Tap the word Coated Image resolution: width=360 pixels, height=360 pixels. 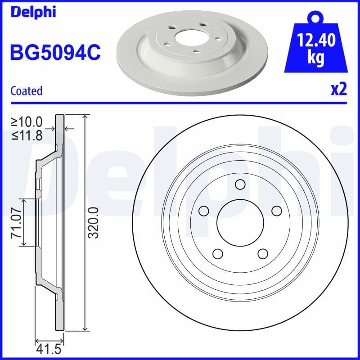click(x=26, y=91)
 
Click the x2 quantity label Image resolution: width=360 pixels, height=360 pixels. click(x=339, y=90)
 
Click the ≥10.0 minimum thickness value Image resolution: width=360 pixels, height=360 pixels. click(x=27, y=121)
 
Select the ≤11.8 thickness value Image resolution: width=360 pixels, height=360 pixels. click(x=27, y=135)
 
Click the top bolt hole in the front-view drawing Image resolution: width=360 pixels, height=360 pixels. click(x=240, y=184)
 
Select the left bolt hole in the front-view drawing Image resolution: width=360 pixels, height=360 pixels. click(x=204, y=211)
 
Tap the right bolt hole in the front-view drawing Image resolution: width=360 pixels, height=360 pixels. click(x=276, y=211)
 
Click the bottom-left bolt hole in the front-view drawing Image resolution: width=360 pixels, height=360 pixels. click(x=218, y=253)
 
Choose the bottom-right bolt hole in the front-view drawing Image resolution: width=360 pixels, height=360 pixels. click(x=263, y=253)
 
